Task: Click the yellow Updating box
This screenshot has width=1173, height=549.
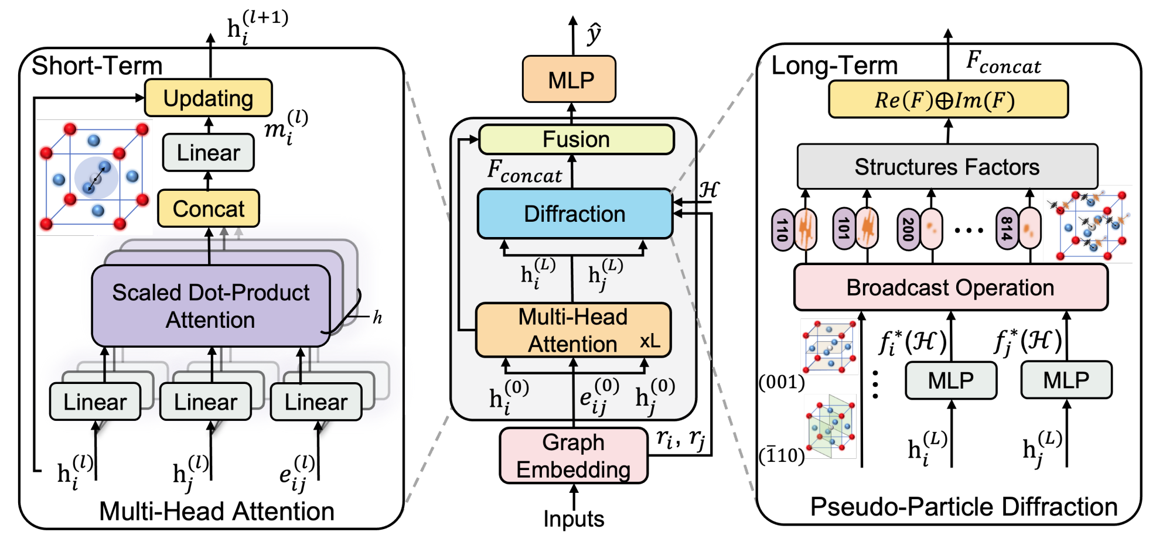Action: pyautogui.click(x=208, y=98)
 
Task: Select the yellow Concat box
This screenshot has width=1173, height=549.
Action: pyautogui.click(x=208, y=208)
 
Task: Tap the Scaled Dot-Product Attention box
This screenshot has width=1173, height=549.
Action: pyautogui.click(x=211, y=306)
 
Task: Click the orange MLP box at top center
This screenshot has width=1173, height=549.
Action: pyautogui.click(x=569, y=80)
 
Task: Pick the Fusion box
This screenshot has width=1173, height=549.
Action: pyautogui.click(x=577, y=139)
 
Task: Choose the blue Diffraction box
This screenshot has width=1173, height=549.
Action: pyautogui.click(x=575, y=214)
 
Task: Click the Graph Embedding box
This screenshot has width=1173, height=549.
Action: pyautogui.click(x=573, y=456)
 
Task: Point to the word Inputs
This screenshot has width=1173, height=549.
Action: pyautogui.click(x=574, y=519)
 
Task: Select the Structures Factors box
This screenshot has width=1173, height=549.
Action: pyautogui.click(x=947, y=167)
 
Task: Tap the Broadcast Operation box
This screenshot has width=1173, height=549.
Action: pyautogui.click(x=950, y=287)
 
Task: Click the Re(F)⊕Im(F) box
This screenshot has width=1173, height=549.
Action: pyautogui.click(x=947, y=100)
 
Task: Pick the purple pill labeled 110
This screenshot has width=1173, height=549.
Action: pyautogui.click(x=782, y=229)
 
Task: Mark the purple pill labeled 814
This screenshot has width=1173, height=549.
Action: pyautogui.click(x=1007, y=229)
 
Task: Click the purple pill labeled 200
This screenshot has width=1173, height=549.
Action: pyautogui.click(x=908, y=229)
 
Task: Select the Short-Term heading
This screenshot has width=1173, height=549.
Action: pyautogui.click(x=97, y=66)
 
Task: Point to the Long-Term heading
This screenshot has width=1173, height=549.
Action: pyautogui.click(x=834, y=66)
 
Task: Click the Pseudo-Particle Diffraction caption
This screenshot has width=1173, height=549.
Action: pyautogui.click(x=963, y=507)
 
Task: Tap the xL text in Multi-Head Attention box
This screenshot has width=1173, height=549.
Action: pyautogui.click(x=650, y=341)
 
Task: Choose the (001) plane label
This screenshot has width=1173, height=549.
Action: pyautogui.click(x=782, y=382)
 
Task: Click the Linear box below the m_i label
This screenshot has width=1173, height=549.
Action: pyautogui.click(x=208, y=153)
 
